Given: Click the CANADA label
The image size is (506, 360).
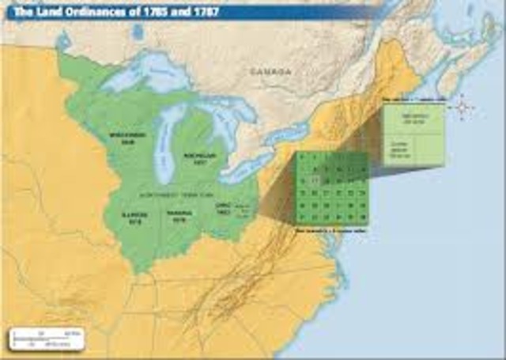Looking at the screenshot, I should tap(272, 70).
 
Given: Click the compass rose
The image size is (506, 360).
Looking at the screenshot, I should tap(463, 106).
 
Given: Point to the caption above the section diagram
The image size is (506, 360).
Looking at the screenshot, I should tap(412, 100).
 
